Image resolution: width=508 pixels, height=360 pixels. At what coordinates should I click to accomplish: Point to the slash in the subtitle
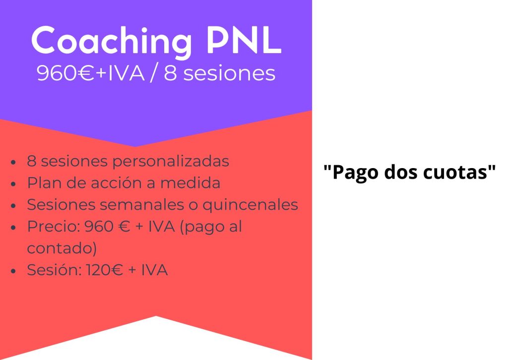(154, 73)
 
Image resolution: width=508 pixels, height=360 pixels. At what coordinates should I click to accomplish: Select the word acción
(124, 183)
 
